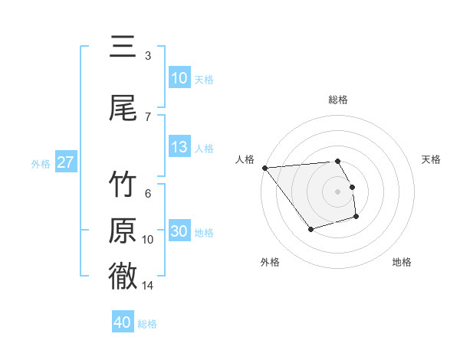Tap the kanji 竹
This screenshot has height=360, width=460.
point(123,185)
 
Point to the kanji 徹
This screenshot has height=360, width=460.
point(123,276)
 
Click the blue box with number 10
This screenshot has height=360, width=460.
point(179,78)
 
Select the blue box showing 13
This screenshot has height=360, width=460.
point(179,147)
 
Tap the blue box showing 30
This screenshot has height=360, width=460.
point(179,231)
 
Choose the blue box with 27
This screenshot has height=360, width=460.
point(65,162)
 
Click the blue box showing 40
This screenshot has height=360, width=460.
point(123,322)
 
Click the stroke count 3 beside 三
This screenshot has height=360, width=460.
point(148,56)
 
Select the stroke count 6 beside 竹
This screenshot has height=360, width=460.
point(148,194)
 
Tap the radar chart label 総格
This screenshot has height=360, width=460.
point(338,100)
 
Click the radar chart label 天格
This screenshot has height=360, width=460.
point(432,159)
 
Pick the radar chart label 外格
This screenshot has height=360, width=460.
point(270,262)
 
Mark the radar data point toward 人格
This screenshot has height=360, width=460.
point(264,168)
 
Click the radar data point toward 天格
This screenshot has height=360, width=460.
point(352,187)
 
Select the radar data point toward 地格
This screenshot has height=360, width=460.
point(356,218)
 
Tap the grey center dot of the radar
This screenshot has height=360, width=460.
point(337,191)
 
